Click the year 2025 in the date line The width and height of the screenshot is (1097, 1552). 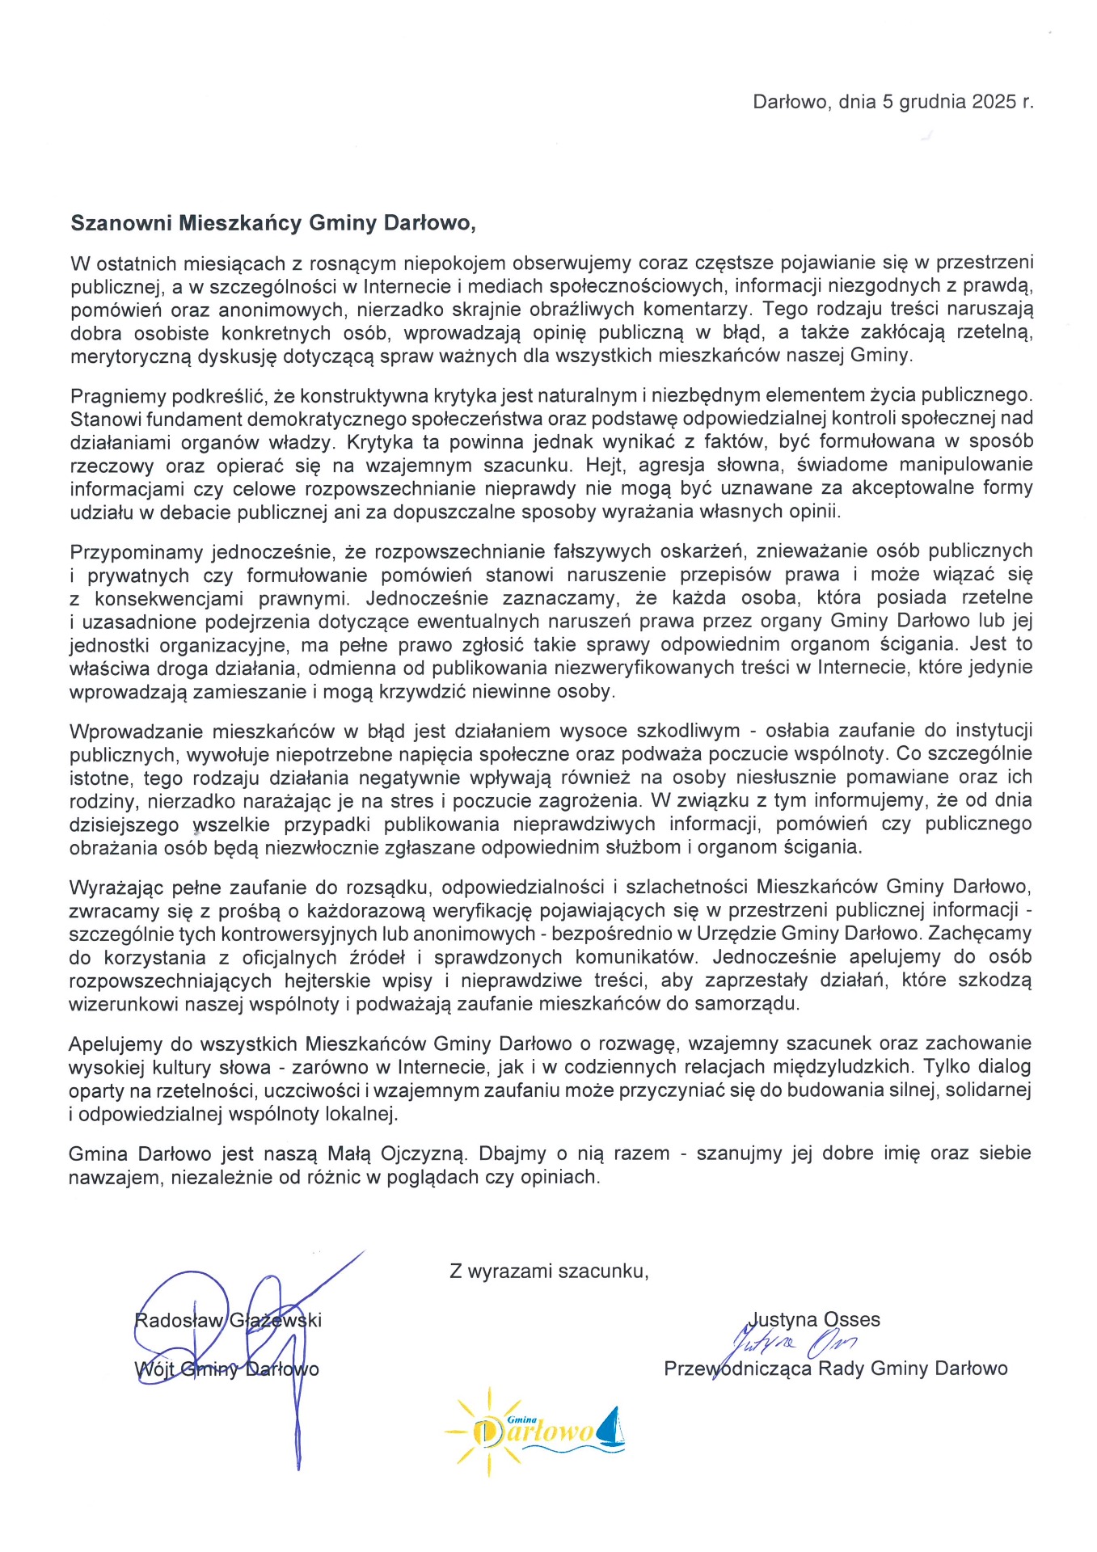click(994, 102)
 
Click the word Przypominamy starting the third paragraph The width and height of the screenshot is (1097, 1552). click(137, 552)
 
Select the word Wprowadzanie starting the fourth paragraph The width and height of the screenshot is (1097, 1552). click(135, 732)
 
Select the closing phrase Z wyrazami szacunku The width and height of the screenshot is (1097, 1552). click(549, 1272)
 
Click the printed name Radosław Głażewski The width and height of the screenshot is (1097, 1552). click(227, 1321)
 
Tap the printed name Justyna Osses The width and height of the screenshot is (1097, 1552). click(815, 1320)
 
